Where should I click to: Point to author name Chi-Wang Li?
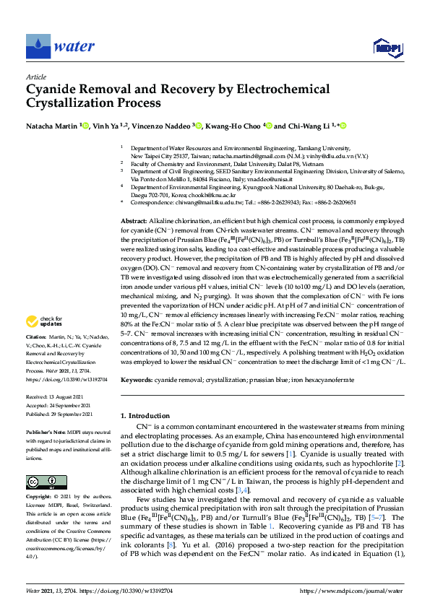(310, 126)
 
